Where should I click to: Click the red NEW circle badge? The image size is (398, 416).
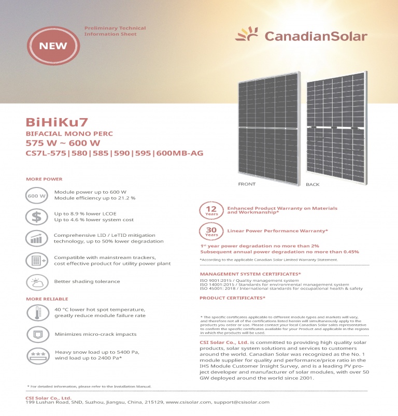pyautogui.click(x=53, y=45)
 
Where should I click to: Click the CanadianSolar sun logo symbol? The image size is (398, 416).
pyautogui.click(x=246, y=35)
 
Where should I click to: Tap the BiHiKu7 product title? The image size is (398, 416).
pyautogui.click(x=57, y=122)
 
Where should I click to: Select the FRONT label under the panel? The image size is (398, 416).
pyautogui.click(x=247, y=184)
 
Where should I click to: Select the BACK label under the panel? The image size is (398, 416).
pyautogui.click(x=312, y=184)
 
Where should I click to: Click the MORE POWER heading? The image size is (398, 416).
pyautogui.click(x=44, y=179)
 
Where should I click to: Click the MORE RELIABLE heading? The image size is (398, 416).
pyautogui.click(x=47, y=299)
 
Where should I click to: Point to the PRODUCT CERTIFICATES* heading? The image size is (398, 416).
pyautogui.click(x=232, y=298)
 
